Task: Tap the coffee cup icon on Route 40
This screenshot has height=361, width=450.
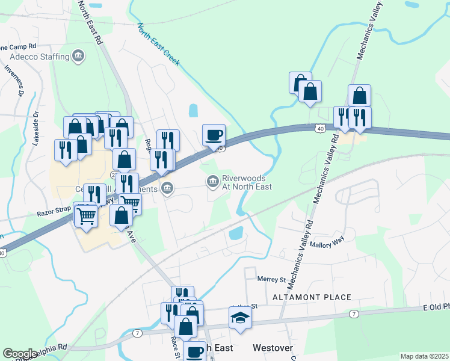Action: coord(214,135)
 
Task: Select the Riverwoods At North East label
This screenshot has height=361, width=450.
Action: coord(247,182)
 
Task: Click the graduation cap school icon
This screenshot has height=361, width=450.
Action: coord(239,318)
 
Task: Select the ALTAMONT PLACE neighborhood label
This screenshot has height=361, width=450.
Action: coord(312,297)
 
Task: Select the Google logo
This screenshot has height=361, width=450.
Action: coord(20,354)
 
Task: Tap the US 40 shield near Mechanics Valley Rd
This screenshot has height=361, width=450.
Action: coord(319,128)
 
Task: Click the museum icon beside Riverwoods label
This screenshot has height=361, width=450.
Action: coord(213,181)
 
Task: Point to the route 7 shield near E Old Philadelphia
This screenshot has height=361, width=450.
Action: coord(354,314)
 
